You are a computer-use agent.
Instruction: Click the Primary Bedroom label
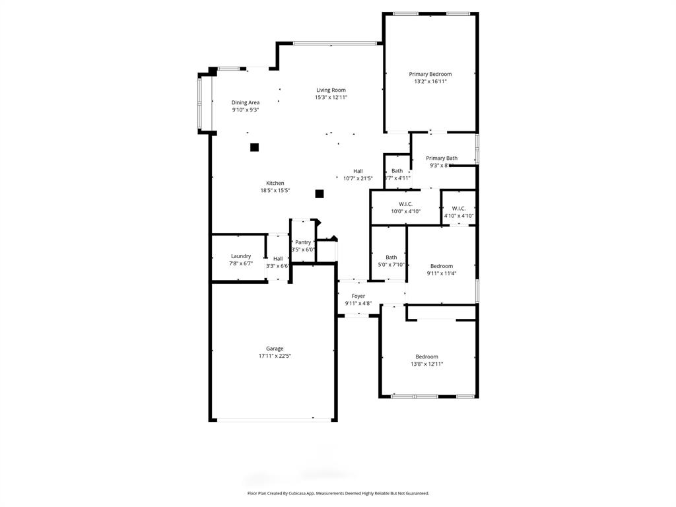pyautogui.click(x=430, y=74)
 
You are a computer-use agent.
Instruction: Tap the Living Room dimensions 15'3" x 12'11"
pyautogui.click(x=331, y=98)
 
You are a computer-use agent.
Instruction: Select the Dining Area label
pyautogui.click(x=245, y=102)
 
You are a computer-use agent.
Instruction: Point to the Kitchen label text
pyautogui.click(x=275, y=183)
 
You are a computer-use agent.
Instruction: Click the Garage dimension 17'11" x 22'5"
pyautogui.click(x=275, y=356)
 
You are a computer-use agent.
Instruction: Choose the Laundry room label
pyautogui.click(x=241, y=256)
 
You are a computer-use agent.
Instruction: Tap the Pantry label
pyautogui.click(x=303, y=242)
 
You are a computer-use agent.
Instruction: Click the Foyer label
pyautogui.click(x=358, y=296)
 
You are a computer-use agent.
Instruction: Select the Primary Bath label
pyautogui.click(x=442, y=158)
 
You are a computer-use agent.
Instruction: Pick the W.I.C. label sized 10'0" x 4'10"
pyautogui.click(x=405, y=204)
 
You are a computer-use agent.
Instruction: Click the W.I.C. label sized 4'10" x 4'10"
pyautogui.click(x=459, y=208)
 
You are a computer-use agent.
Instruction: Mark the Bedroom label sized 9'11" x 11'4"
pyautogui.click(x=442, y=266)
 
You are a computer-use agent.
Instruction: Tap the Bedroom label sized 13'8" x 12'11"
pyautogui.click(x=426, y=356)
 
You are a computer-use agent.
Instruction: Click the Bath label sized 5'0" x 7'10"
pyautogui.click(x=391, y=257)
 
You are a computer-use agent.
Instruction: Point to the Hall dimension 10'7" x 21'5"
pyautogui.click(x=358, y=178)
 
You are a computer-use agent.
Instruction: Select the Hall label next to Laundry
pyautogui.click(x=278, y=259)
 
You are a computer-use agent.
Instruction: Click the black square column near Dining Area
pyautogui.click(x=254, y=147)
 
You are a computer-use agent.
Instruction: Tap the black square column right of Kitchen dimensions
pyautogui.click(x=320, y=193)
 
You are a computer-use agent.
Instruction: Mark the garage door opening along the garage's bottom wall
pyautogui.click(x=275, y=419)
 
